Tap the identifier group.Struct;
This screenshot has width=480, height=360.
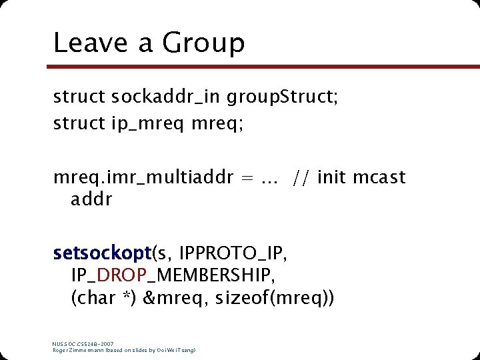(x=283, y=98)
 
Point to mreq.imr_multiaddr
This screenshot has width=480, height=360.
(x=143, y=178)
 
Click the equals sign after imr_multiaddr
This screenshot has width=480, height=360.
(x=246, y=179)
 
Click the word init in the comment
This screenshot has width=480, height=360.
(x=332, y=178)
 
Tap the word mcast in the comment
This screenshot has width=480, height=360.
(x=379, y=178)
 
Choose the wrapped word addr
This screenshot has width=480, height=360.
(x=91, y=199)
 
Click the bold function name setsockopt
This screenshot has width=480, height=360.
(x=103, y=254)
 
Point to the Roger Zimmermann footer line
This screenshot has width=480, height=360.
(x=123, y=349)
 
